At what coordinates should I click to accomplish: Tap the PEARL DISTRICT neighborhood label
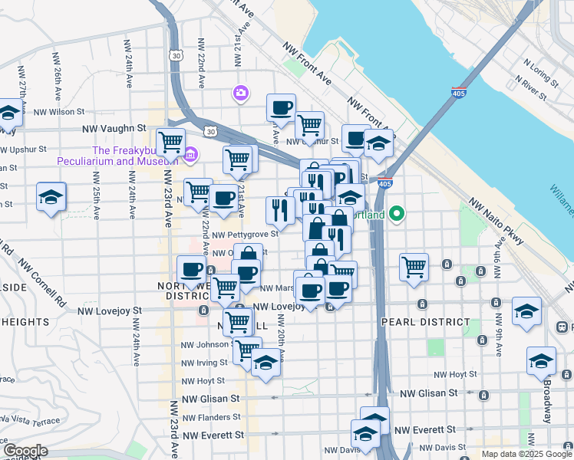[x=424, y=322]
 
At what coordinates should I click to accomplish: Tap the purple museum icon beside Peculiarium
[x=190, y=156]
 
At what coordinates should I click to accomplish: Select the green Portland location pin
[x=397, y=214]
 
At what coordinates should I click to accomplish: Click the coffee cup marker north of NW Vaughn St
[x=281, y=107]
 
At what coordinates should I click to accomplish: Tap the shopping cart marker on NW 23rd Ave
[x=170, y=142]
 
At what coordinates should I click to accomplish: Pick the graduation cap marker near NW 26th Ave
[x=51, y=196]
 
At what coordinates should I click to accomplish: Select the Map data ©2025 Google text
[x=526, y=454]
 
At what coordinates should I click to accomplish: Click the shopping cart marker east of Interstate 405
[x=414, y=268]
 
